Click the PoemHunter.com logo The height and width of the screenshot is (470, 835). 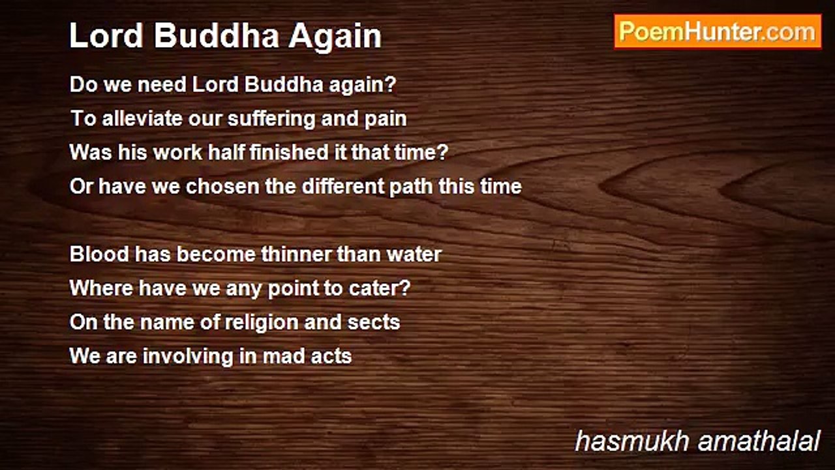[718, 32]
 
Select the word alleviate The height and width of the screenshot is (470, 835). [142, 118]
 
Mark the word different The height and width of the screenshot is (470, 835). [342, 186]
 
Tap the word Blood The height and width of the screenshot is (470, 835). [99, 254]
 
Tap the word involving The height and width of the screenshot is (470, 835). [188, 356]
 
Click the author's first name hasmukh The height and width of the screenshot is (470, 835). [631, 441]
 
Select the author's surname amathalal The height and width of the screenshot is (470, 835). [759, 441]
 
